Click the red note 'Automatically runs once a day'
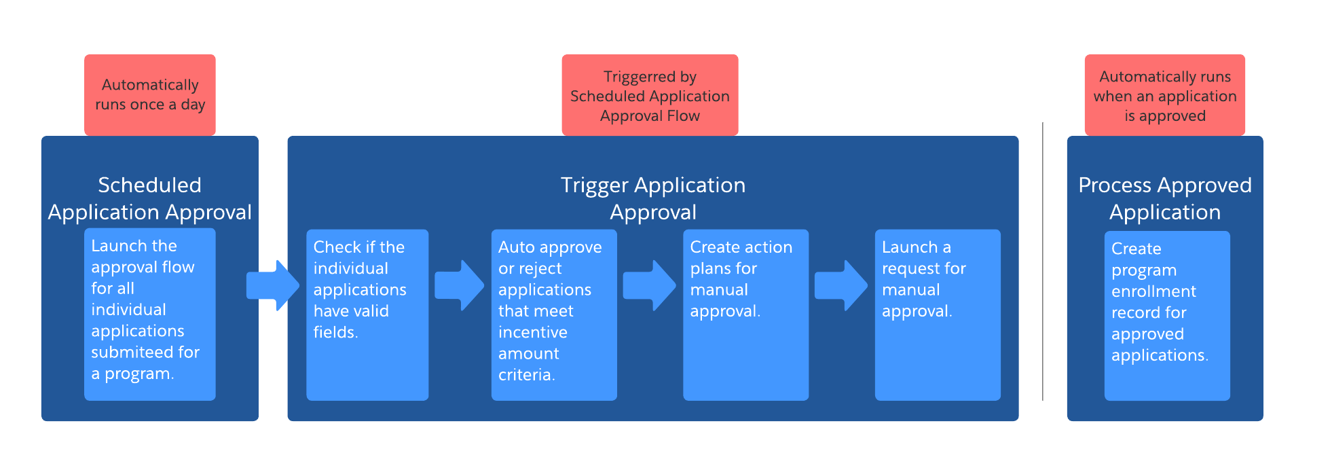pos(149,94)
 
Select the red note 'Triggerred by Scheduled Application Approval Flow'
pos(650,95)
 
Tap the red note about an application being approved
pos(1164,95)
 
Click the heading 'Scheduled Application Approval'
pos(149,198)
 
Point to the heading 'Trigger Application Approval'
pos(652,198)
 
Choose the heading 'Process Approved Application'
pos(1164,198)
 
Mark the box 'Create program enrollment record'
pos(1166,316)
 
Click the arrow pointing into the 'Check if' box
pos(272,285)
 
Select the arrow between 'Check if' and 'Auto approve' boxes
pos(460,285)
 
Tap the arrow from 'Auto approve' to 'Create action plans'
pos(649,285)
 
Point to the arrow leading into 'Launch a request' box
pos(841,285)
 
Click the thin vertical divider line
pos(1042,262)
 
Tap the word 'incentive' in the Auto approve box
pos(532,332)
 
